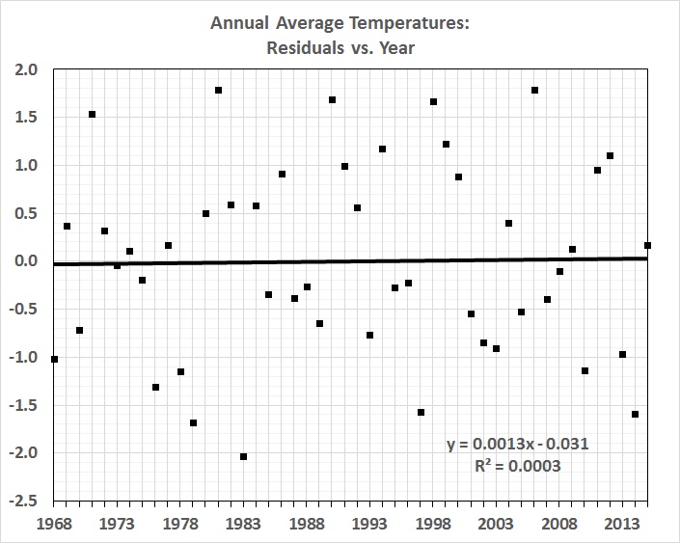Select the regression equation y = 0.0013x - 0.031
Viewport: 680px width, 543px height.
tap(518, 444)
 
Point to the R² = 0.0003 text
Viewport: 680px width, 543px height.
tap(518, 465)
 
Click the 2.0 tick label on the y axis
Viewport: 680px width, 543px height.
tap(26, 69)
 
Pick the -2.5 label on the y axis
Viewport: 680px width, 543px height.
tap(24, 502)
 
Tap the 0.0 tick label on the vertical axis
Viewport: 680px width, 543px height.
tap(26, 261)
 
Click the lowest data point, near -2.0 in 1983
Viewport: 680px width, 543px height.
tap(243, 456)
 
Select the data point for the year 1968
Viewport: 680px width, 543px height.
tap(54, 359)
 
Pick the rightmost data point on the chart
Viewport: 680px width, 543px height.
tap(647, 245)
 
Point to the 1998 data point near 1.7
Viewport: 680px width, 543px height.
tap(433, 101)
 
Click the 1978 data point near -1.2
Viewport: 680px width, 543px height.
tap(180, 371)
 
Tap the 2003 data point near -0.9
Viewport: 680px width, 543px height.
tap(496, 348)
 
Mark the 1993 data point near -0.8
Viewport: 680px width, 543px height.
tap(369, 335)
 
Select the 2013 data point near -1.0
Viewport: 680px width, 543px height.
tap(622, 354)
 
